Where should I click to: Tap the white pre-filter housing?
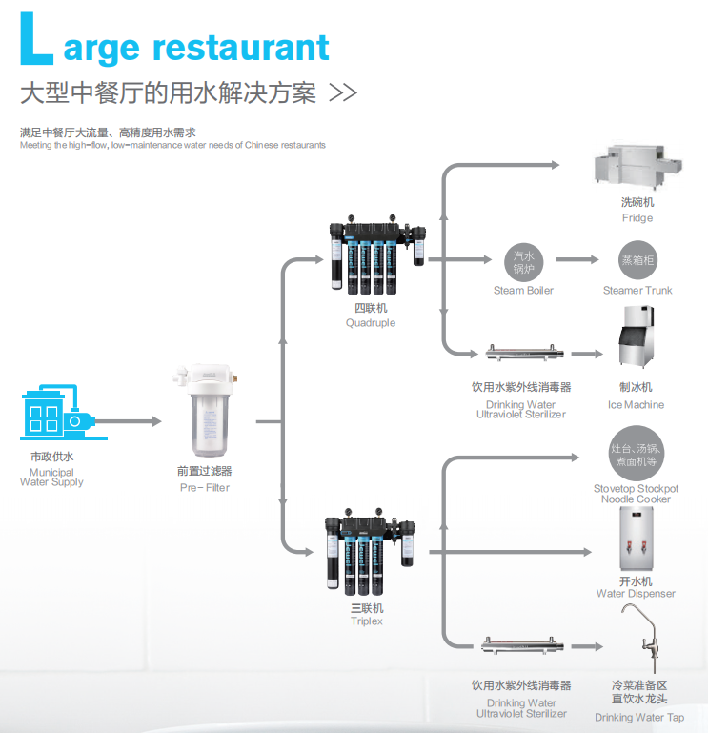[207, 410]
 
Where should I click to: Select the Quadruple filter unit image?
[377, 255]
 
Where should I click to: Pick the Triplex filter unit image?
[370, 552]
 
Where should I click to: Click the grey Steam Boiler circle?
[523, 262]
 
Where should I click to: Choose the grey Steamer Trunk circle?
[637, 260]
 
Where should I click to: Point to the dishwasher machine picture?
[637, 168]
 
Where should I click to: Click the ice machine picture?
[636, 336]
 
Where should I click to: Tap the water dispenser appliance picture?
[636, 539]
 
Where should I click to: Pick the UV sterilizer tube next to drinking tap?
[522, 646]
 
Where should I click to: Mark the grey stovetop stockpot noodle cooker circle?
[636, 454]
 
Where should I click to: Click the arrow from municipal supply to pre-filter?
[128, 421]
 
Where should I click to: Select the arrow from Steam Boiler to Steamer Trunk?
[577, 259]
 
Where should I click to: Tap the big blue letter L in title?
[36, 39]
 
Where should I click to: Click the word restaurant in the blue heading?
[241, 48]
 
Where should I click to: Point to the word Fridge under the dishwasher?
[637, 218]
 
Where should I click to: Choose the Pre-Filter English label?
[205, 488]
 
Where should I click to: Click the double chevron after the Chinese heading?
[343, 92]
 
